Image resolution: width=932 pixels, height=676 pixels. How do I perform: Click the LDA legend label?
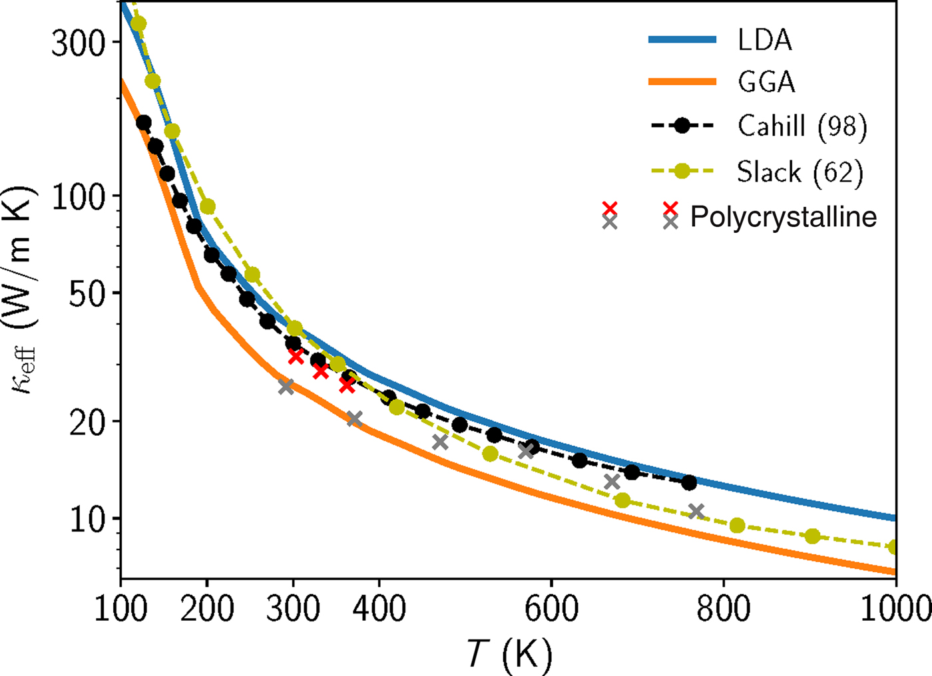pyautogui.click(x=764, y=40)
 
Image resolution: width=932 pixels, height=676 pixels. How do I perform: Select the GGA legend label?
pyautogui.click(x=766, y=83)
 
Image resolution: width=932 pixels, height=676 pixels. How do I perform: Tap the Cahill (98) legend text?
pyautogui.click(x=802, y=126)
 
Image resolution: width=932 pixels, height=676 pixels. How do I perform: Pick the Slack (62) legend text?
pyautogui.click(x=800, y=172)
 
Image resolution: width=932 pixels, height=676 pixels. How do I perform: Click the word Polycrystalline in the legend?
pyautogui.click(x=783, y=217)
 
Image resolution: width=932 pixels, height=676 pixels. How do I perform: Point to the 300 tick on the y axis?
pyautogui.click(x=79, y=44)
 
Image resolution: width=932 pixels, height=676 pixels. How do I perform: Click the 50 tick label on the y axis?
pyautogui.click(x=88, y=294)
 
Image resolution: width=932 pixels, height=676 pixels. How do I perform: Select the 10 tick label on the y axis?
pyautogui.click(x=88, y=520)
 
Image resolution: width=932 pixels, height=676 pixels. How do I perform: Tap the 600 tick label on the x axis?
pyautogui.click(x=551, y=609)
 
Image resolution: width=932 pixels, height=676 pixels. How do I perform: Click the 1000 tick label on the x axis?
pyautogui.click(x=895, y=609)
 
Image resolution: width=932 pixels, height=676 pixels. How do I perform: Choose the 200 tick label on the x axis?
pyautogui.click(x=206, y=609)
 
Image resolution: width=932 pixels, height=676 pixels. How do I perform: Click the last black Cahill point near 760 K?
pyautogui.click(x=689, y=482)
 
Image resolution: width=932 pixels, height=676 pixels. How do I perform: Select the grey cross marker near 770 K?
pyautogui.click(x=696, y=512)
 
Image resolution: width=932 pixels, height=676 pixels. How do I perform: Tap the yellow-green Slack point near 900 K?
pyautogui.click(x=812, y=536)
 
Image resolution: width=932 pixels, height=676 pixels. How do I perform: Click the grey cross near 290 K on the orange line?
pyautogui.click(x=286, y=387)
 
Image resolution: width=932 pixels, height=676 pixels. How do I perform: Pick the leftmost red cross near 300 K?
pyautogui.click(x=296, y=356)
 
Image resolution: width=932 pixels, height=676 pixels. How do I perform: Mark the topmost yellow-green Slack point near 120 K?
pyautogui.click(x=138, y=24)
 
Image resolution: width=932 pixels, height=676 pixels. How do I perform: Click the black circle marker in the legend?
pyautogui.click(x=682, y=126)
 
